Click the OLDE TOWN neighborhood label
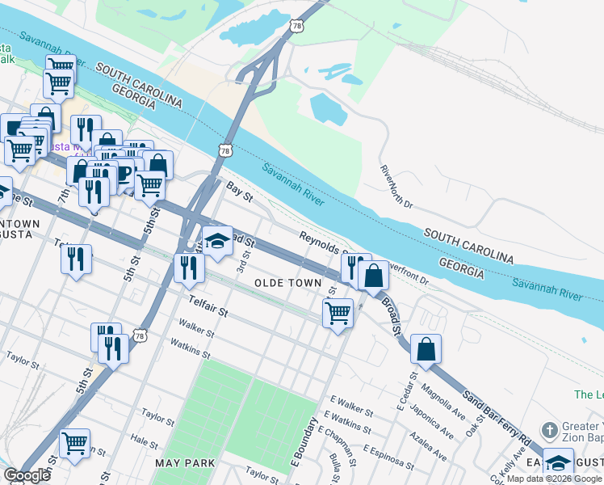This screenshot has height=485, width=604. coord(287,284)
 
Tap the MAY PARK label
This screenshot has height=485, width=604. coord(185,463)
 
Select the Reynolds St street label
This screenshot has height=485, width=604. coord(322,240)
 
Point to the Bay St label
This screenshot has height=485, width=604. coord(234,191)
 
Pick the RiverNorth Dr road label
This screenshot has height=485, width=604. coord(396,187)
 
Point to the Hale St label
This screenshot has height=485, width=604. coord(144,442)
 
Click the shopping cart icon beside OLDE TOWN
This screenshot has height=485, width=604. coord(338,311)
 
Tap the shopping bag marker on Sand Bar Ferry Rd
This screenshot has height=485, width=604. coord(426,349)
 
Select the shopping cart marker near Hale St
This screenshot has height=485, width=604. coord(74,442)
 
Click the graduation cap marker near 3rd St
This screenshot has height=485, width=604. coord(217,241)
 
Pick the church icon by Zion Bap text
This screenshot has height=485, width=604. coord(550,429)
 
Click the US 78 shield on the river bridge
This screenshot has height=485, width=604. coord(224,150)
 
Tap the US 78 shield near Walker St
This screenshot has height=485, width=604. coord(141,335)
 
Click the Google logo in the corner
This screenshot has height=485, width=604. coord(27,475)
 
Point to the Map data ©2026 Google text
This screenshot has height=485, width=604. coord(554,479)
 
